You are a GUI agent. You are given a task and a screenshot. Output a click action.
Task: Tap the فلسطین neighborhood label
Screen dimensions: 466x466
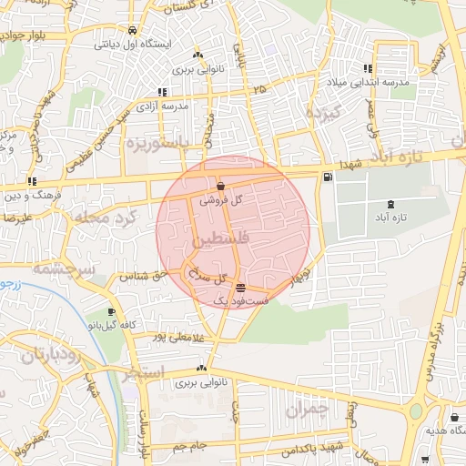pyautogui.click(x=218, y=242)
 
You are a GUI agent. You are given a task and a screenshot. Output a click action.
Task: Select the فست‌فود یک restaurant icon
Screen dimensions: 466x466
pyautogui.click(x=239, y=289)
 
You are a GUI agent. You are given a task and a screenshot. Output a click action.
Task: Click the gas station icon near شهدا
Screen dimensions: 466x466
pyautogui.click(x=327, y=177)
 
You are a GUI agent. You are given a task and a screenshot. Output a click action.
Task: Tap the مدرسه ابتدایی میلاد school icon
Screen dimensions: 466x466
pyautogui.click(x=368, y=68)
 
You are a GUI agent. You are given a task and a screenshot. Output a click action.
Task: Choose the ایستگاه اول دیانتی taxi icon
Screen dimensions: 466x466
pyautogui.click(x=134, y=28)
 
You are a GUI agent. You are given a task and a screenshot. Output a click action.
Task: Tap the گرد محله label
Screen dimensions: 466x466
pyautogui.click(x=116, y=218)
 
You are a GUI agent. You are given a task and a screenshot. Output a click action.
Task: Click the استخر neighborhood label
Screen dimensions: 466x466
pyautogui.click(x=142, y=372)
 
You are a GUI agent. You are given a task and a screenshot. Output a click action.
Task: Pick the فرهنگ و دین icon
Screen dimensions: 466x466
pyautogui.click(x=33, y=181)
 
